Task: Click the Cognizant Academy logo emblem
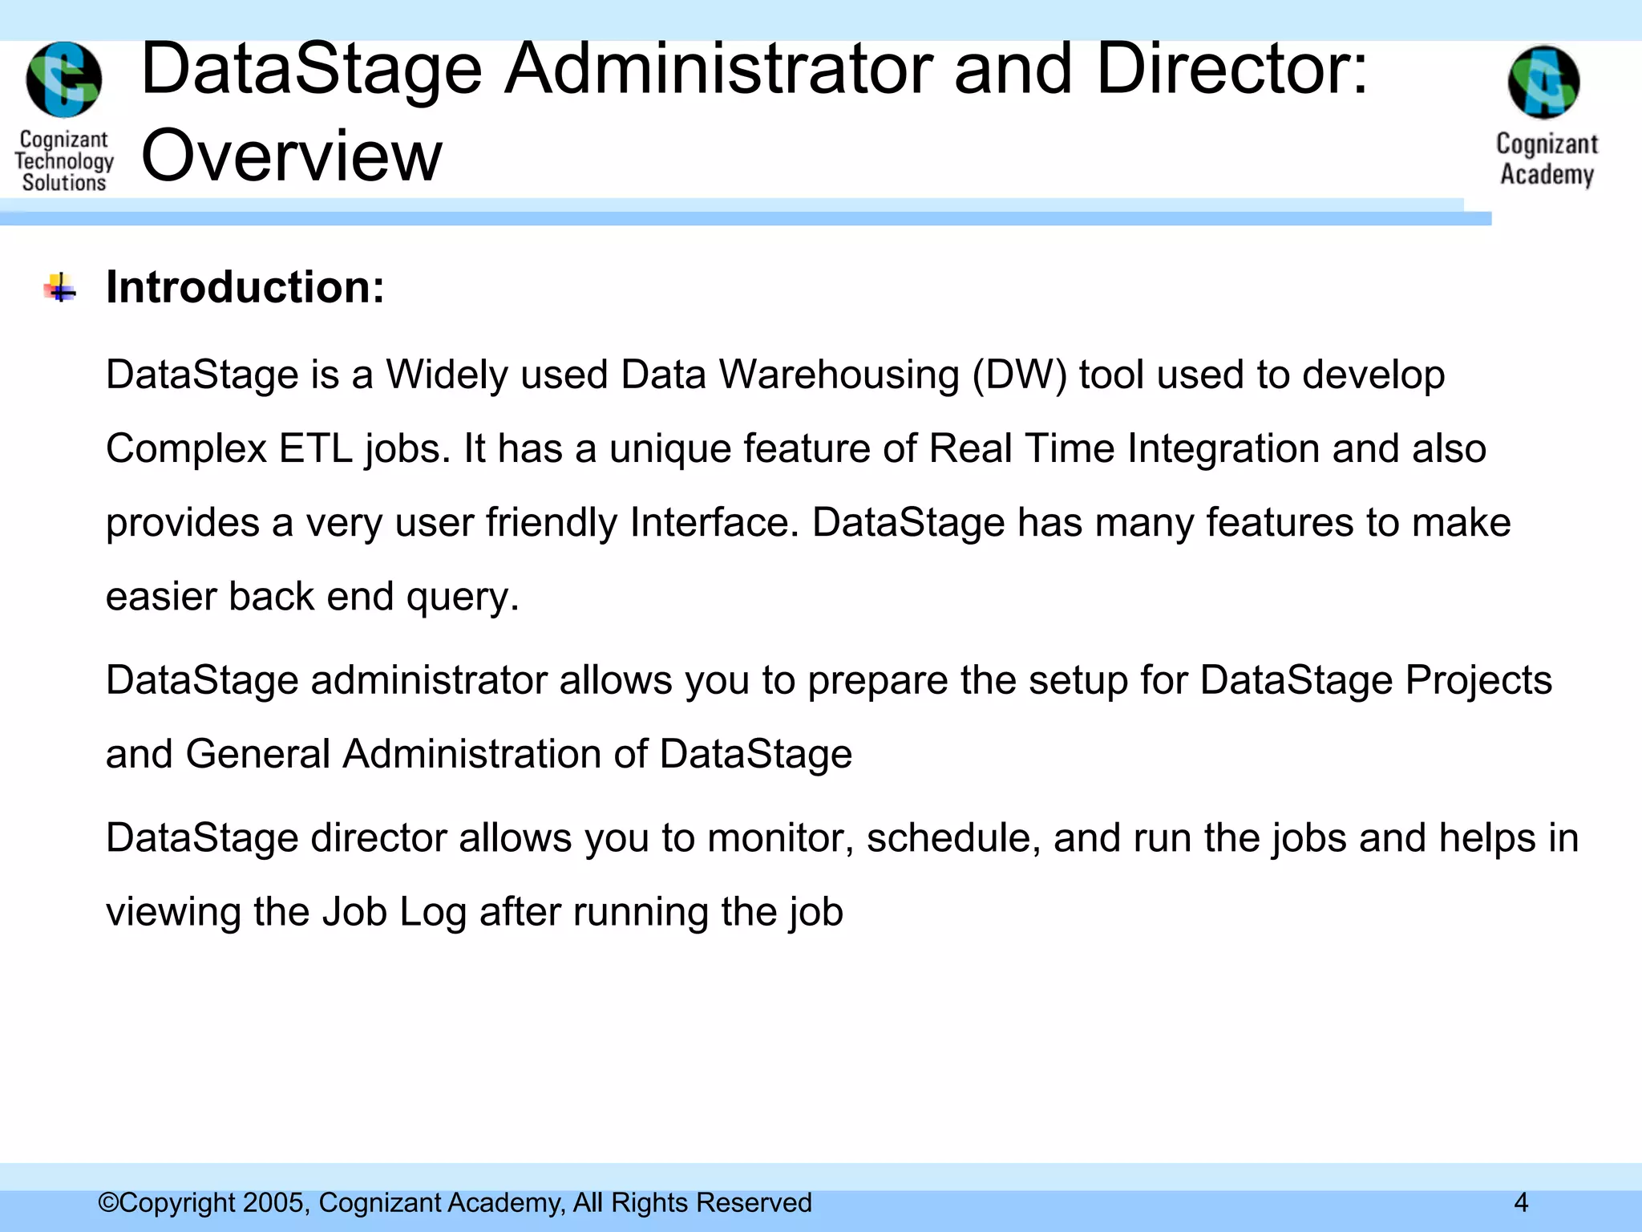pyautogui.click(x=1544, y=83)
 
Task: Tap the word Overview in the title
pyautogui.click(x=291, y=156)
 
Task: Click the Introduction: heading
pyautogui.click(x=245, y=287)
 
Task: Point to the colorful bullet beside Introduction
pyautogui.click(x=60, y=288)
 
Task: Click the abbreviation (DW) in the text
pyautogui.click(x=1019, y=375)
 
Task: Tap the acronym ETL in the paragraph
pyautogui.click(x=315, y=448)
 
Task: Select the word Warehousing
pyautogui.click(x=839, y=375)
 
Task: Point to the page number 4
pyautogui.click(x=1521, y=1202)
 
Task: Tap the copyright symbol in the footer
pyautogui.click(x=107, y=1202)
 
